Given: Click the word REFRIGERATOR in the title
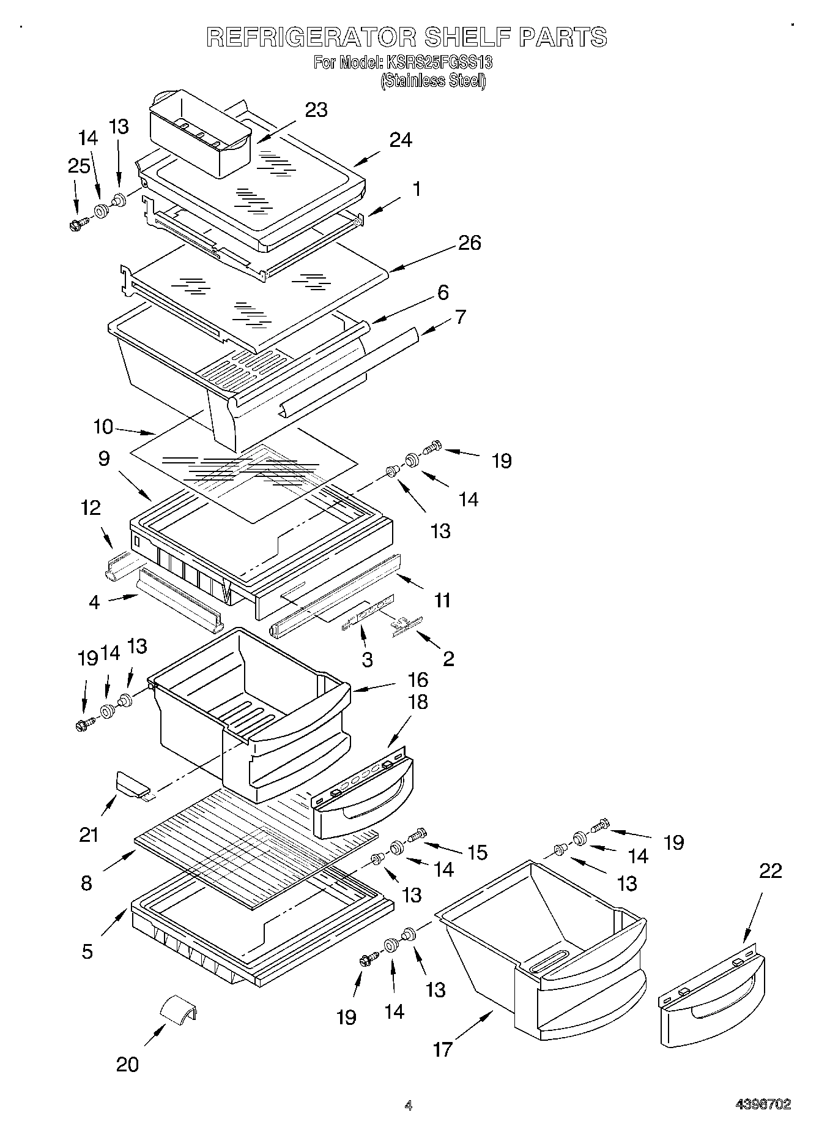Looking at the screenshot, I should (x=311, y=37).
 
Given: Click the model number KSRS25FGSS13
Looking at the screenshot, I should (x=438, y=62).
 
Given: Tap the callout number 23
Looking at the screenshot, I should (x=316, y=110).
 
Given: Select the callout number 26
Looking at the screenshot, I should (x=469, y=243).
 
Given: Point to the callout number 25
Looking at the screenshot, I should (x=79, y=166).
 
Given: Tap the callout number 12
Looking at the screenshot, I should (x=91, y=508).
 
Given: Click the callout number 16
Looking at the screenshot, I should (x=418, y=680).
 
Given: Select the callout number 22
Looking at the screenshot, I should (x=770, y=871).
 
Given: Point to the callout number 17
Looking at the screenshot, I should (x=442, y=1049).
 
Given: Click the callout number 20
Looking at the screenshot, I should (x=127, y=1065).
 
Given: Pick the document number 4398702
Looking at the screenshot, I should (x=763, y=1104).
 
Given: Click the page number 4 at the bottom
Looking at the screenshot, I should (x=408, y=1105).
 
